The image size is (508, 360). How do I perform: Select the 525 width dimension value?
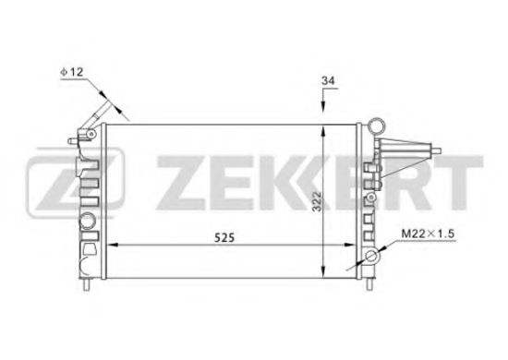tap(225, 236)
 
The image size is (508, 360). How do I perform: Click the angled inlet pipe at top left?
tap(103, 108)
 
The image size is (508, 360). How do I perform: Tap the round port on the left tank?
tap(88, 222)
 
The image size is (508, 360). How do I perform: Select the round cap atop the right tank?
tap(378, 125)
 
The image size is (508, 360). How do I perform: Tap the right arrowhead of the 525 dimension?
tap(357, 245)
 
